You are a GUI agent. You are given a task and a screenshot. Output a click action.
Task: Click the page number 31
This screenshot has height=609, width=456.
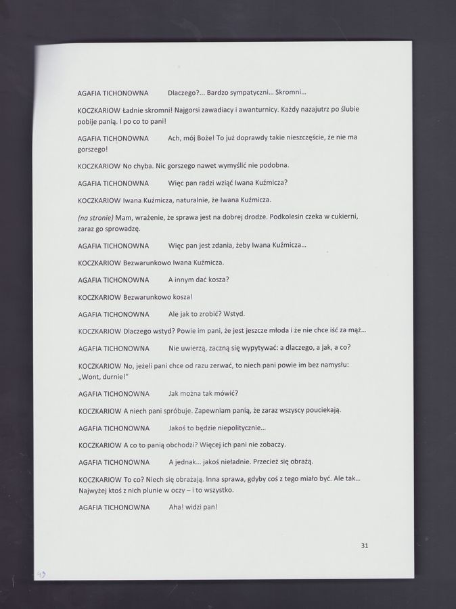(364, 545)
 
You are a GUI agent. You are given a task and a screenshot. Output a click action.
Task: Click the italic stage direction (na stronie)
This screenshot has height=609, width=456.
(95, 217)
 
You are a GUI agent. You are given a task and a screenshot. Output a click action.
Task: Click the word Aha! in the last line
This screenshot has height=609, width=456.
(177, 507)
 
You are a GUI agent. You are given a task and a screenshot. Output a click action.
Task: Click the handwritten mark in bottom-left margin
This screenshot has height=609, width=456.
(41, 574)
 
